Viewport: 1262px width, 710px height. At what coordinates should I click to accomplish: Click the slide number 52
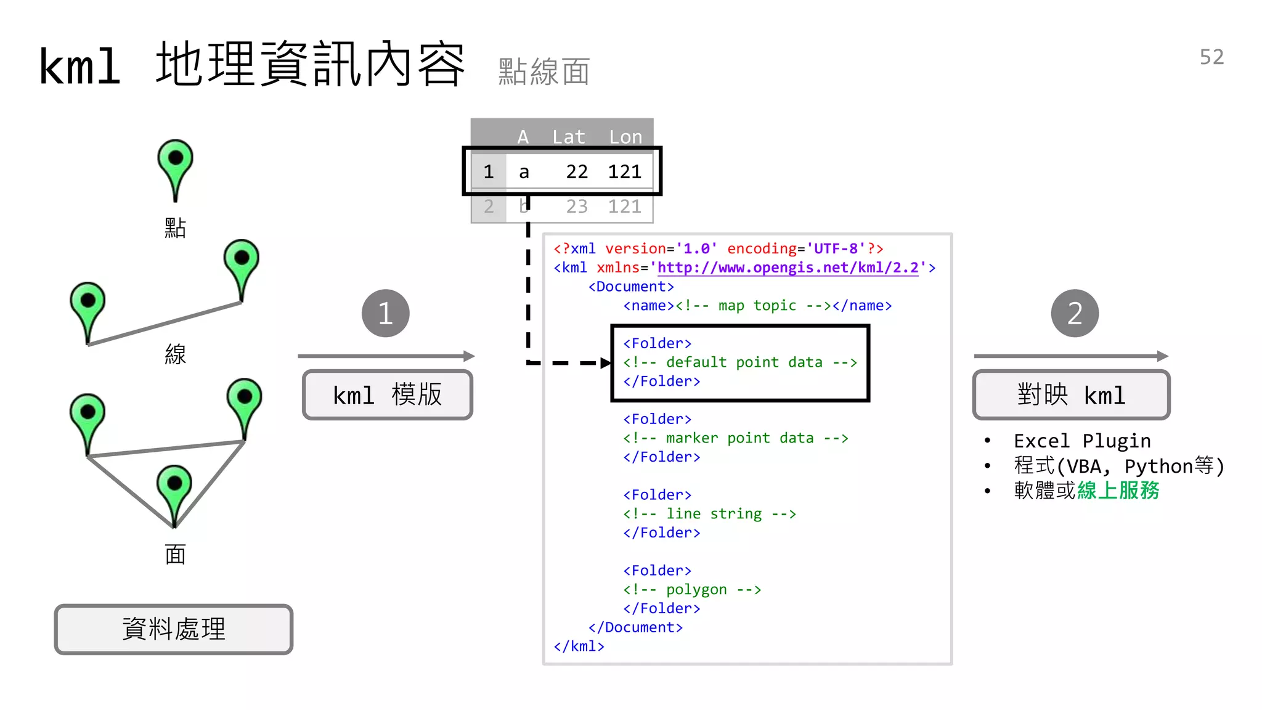coord(1211,57)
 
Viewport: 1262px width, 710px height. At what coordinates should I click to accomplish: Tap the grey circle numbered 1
coord(385,313)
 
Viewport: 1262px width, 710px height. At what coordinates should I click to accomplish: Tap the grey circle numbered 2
coord(1075,313)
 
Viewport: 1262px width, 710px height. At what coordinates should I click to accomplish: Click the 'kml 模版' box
coord(388,395)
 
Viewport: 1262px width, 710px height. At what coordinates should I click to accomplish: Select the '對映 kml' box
coord(1071,395)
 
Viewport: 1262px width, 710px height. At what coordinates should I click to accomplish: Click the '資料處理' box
coord(174,629)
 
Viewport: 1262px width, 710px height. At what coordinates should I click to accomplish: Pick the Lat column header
coord(568,137)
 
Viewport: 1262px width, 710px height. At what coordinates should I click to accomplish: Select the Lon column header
coord(625,137)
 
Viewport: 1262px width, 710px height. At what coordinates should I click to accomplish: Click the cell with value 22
coord(577,172)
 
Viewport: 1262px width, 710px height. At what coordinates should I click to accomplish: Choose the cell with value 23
coord(577,206)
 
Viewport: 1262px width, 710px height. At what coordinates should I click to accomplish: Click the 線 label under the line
coord(176,354)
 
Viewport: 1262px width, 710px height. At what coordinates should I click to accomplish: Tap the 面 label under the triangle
coord(176,555)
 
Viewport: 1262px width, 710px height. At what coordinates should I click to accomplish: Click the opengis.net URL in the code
coord(788,267)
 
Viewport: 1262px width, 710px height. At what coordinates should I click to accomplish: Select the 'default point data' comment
coord(739,362)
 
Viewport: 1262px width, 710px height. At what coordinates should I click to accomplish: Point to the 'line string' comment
coord(709,514)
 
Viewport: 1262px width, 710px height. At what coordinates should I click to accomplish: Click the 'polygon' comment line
coord(692,590)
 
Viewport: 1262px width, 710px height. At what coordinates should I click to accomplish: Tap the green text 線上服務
coord(1118,491)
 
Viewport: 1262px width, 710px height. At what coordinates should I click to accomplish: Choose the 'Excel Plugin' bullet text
coord(1082,441)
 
